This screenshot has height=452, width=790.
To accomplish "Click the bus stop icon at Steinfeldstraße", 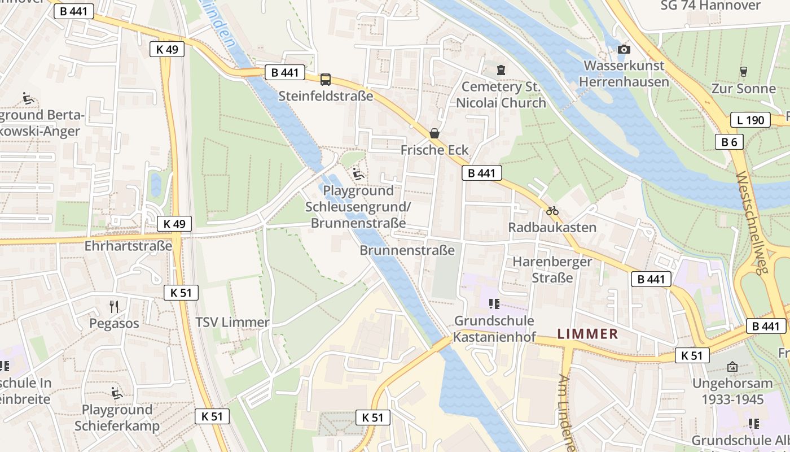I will click(326, 80).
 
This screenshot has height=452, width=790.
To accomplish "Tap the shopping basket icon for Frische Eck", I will click(434, 134).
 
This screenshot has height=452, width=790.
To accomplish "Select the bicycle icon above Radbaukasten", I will click(552, 211).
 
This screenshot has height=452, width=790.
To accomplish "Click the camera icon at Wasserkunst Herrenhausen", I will click(624, 50).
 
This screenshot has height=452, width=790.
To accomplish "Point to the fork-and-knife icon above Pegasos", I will click(115, 307).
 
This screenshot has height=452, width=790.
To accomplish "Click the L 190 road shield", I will click(750, 120).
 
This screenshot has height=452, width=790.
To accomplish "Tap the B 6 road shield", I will click(729, 142).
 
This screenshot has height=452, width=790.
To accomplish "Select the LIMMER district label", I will click(587, 334).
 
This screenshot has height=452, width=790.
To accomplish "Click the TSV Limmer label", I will click(232, 323).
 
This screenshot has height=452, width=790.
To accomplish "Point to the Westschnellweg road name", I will click(753, 223).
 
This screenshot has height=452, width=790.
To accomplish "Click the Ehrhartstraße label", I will click(128, 246).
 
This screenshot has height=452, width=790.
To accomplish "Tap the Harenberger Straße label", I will click(552, 270).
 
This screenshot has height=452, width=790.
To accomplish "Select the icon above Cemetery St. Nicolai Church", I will click(501, 70).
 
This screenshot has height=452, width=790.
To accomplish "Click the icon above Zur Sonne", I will click(743, 72).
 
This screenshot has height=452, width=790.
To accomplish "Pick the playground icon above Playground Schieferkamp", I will click(117, 393).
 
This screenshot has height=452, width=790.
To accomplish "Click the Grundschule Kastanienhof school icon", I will click(494, 304).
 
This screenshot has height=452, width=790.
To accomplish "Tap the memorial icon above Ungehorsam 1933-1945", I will click(732, 367).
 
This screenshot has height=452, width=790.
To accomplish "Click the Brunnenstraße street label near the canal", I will click(407, 250).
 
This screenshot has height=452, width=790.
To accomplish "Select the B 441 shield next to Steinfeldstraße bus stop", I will click(284, 72).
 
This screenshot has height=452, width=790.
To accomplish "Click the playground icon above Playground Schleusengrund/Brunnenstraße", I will click(358, 173).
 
